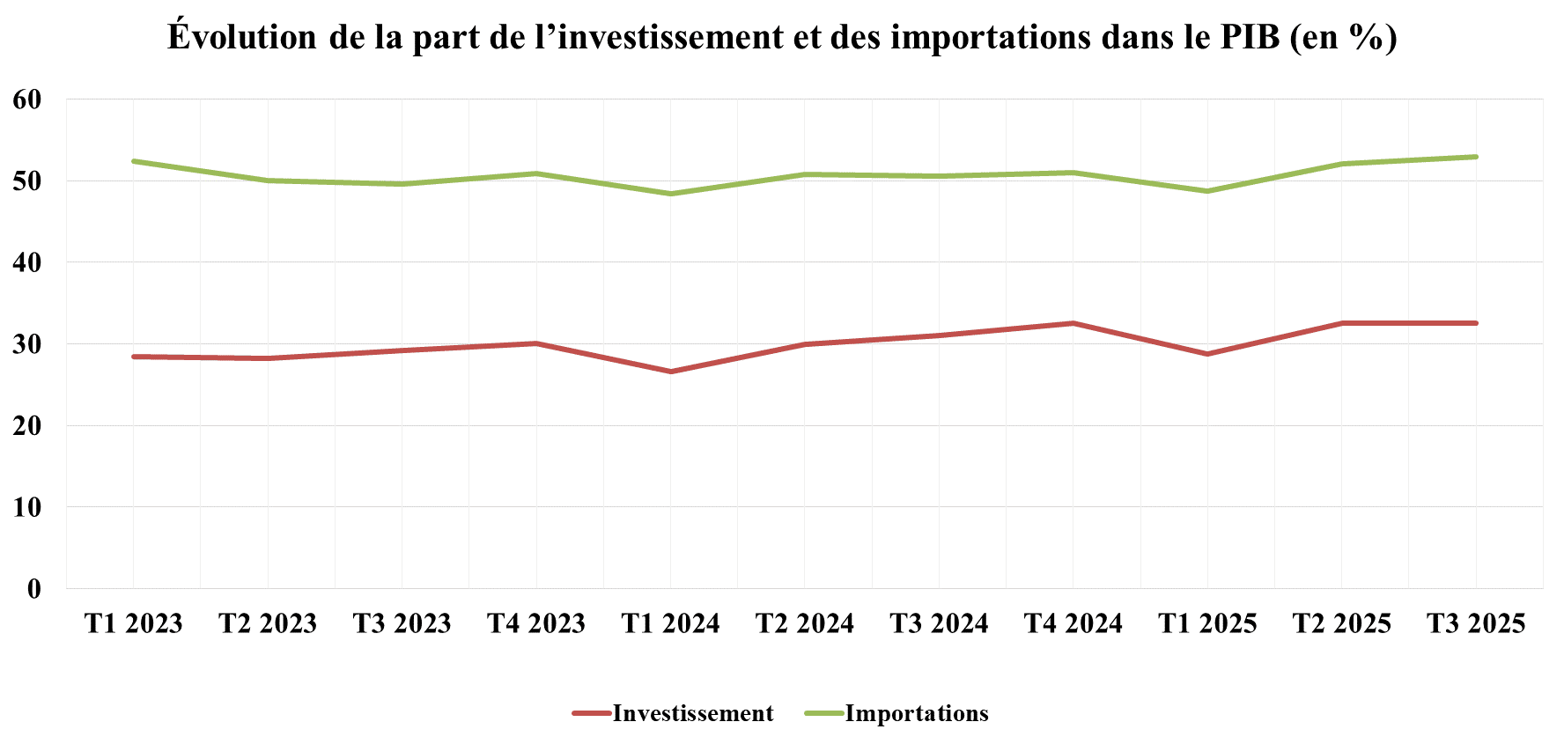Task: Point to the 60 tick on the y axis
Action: [27, 99]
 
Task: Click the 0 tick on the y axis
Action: [33, 589]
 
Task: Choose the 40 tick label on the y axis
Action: [27, 262]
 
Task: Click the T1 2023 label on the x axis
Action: [133, 623]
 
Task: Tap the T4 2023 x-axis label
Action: [536, 623]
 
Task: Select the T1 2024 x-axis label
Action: [670, 623]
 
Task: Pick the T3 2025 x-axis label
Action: [1476, 623]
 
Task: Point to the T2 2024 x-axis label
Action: [805, 623]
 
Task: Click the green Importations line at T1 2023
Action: [134, 161]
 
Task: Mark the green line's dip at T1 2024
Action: [671, 194]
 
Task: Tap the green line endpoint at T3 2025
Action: [1476, 157]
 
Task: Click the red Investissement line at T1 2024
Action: [671, 372]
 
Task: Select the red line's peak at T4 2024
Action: [1073, 323]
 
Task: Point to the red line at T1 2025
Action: [1207, 354]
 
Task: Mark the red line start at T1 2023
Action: [134, 357]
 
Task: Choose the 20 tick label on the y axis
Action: [27, 426]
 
